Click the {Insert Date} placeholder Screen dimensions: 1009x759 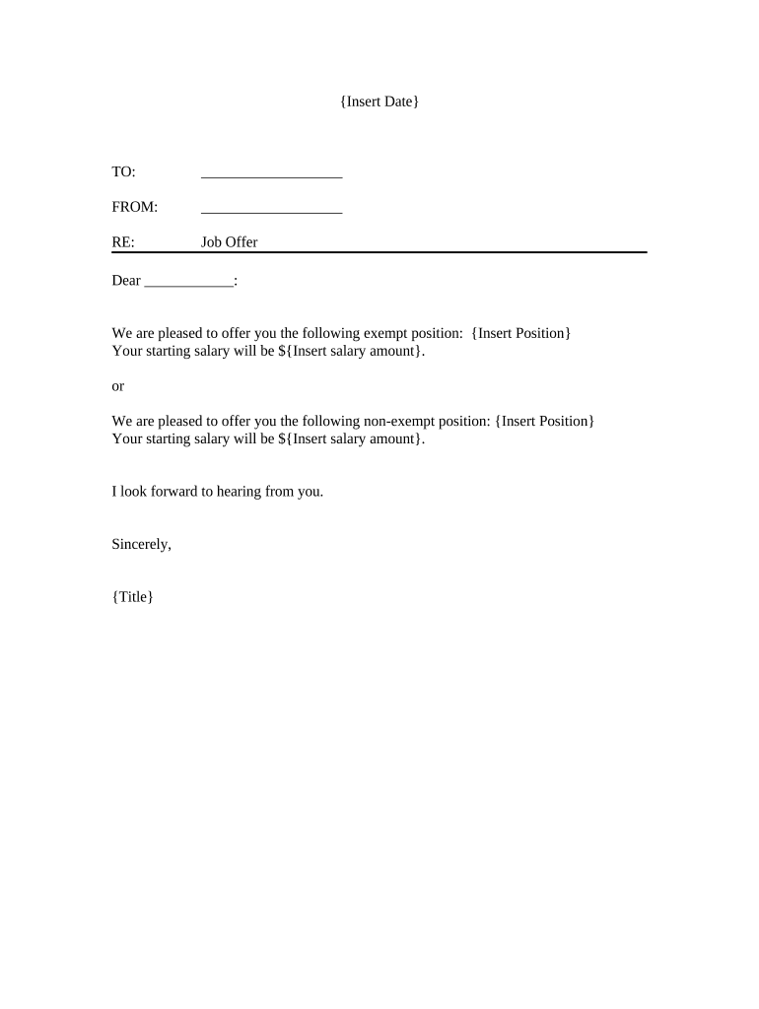pyautogui.click(x=379, y=101)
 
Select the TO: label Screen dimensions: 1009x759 pyautogui.click(x=124, y=172)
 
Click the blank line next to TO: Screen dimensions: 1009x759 pyautogui.click(x=271, y=175)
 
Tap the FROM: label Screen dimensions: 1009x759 pyautogui.click(x=135, y=207)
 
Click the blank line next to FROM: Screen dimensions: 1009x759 pyautogui.click(x=271, y=210)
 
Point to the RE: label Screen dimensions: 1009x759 pyautogui.click(x=123, y=241)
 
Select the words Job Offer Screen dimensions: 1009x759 pyautogui.click(x=229, y=241)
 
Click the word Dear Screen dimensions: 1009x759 pyautogui.click(x=126, y=281)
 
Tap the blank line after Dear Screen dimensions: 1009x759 pyautogui.click(x=188, y=284)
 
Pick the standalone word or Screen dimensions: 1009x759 pyautogui.click(x=118, y=385)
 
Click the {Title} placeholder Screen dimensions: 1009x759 pyautogui.click(x=133, y=596)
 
